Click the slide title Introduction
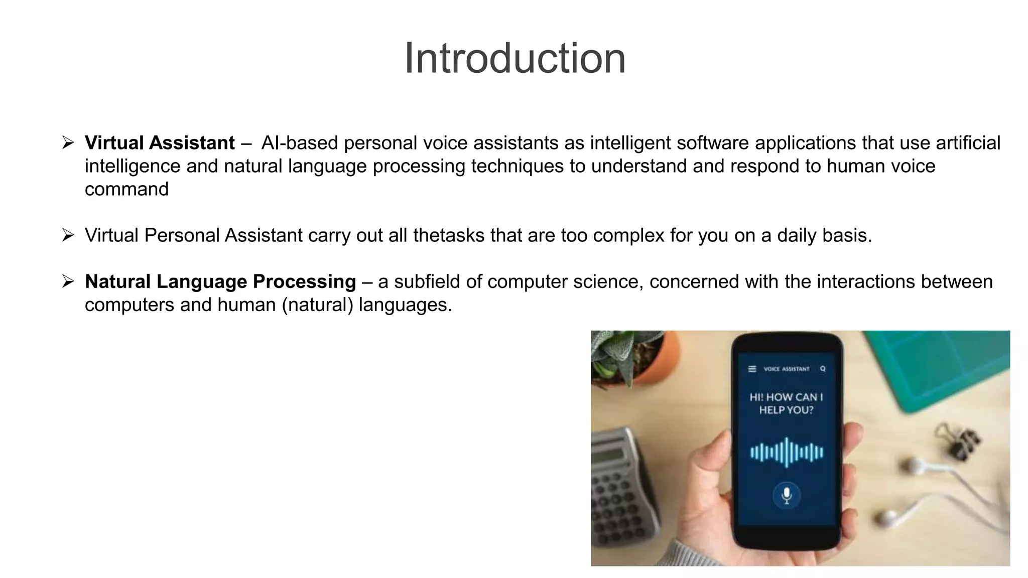click(515, 59)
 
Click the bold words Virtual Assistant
click(160, 143)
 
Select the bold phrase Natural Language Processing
click(220, 281)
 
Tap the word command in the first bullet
click(126, 189)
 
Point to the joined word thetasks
click(449, 235)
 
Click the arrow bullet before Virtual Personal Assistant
click(68, 235)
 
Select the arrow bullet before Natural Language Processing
click(68, 281)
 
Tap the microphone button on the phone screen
click(787, 495)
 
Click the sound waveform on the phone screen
click(787, 453)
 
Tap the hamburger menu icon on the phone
click(752, 369)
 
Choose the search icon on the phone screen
click(823, 369)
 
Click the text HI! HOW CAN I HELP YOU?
click(786, 403)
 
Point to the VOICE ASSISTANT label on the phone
click(787, 369)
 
